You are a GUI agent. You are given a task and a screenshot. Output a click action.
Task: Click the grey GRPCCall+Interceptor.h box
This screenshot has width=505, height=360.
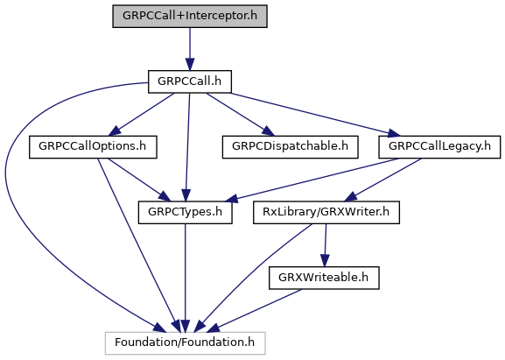pyautogui.click(x=190, y=16)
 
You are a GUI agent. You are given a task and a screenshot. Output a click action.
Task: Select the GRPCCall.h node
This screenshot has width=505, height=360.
pyautogui.click(x=190, y=81)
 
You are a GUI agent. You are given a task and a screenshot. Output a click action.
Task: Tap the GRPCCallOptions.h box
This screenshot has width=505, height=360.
pyautogui.click(x=93, y=147)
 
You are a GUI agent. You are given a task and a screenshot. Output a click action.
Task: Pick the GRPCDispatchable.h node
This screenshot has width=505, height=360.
pyautogui.click(x=291, y=147)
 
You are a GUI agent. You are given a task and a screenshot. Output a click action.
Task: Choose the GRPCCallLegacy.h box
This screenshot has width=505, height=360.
pyautogui.click(x=439, y=147)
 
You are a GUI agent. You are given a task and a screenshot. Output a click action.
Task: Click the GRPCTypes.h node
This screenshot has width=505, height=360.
pyautogui.click(x=186, y=212)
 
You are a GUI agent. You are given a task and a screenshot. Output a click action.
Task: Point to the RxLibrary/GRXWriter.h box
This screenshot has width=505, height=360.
pyautogui.click(x=326, y=212)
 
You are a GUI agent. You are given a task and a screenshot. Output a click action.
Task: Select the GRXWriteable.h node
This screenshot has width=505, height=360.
pyautogui.click(x=324, y=278)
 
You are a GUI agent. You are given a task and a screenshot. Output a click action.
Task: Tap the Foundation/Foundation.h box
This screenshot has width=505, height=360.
pyautogui.click(x=186, y=343)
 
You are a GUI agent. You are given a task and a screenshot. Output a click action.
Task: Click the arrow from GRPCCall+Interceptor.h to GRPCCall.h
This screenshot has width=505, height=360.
pyautogui.click(x=190, y=49)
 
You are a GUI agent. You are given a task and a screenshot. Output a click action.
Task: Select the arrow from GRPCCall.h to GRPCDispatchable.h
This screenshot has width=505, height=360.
pyautogui.click(x=241, y=115)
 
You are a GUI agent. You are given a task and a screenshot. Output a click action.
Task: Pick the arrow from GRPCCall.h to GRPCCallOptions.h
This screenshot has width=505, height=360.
pyautogui.click(x=142, y=115)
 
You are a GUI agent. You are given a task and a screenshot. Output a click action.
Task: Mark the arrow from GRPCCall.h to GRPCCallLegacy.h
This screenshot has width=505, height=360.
pyautogui.click(x=315, y=115)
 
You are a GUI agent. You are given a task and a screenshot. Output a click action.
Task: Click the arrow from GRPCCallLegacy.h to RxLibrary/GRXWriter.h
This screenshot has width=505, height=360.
pyautogui.click(x=383, y=180)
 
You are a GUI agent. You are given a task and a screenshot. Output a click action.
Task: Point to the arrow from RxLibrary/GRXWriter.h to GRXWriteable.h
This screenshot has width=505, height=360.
pyautogui.click(x=326, y=245)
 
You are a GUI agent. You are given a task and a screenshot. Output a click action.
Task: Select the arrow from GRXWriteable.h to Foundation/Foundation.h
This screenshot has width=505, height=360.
pyautogui.click(x=255, y=311)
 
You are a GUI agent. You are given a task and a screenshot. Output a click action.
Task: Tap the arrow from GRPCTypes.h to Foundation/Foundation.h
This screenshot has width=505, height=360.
pyautogui.click(x=186, y=278)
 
